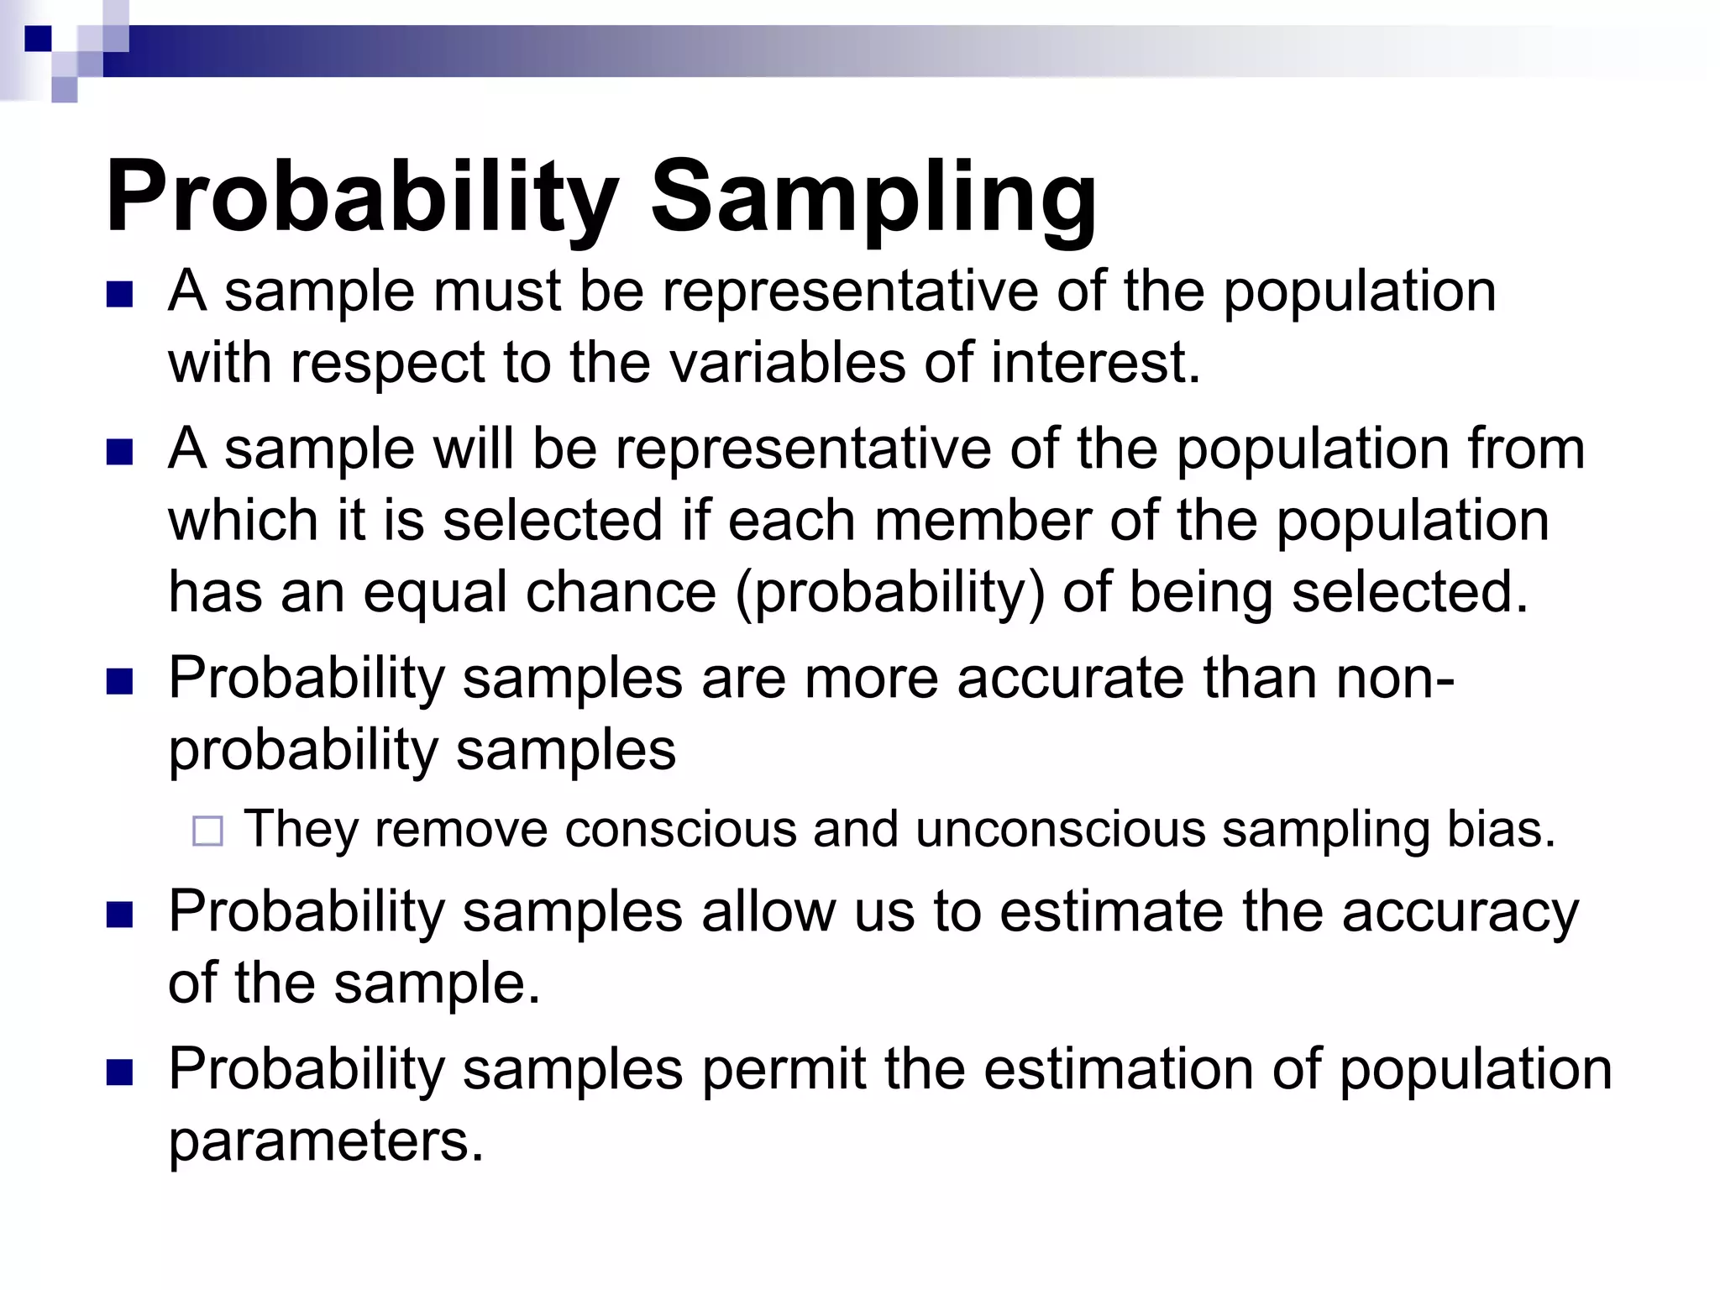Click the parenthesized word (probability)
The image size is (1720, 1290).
(889, 593)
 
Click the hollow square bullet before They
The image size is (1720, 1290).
(207, 831)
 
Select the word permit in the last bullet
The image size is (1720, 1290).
(783, 1070)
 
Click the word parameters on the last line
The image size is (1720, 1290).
(326, 1142)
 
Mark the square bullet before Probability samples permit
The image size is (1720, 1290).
(120, 1072)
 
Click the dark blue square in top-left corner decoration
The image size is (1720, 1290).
(38, 39)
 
